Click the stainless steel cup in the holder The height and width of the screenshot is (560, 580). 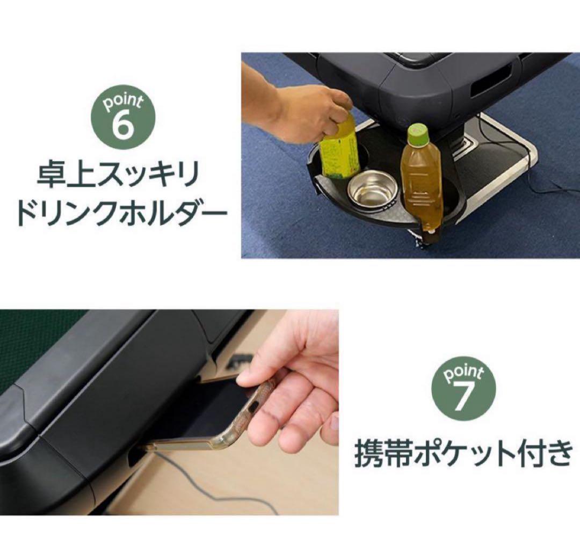[x=372, y=188]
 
